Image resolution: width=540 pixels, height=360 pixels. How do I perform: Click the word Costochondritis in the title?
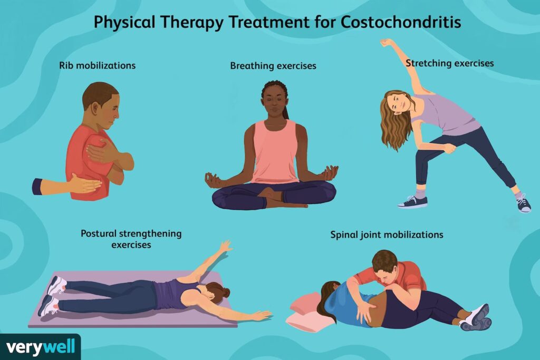[x=401, y=22]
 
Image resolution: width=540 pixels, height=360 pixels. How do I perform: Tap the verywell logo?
[x=40, y=347]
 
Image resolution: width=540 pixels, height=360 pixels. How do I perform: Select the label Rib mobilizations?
[x=98, y=65]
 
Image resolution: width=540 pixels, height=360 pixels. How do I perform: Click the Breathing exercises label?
[x=273, y=66]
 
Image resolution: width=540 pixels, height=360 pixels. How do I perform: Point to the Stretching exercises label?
[x=449, y=63]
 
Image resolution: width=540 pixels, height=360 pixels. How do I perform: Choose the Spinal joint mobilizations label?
[x=387, y=235]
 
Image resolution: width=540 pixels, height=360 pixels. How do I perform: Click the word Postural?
[x=99, y=233]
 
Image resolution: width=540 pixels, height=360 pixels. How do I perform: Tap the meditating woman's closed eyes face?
[x=274, y=101]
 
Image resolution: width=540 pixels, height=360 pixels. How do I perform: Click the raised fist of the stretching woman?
[x=387, y=43]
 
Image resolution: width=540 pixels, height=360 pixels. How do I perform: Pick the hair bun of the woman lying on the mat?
[x=226, y=293]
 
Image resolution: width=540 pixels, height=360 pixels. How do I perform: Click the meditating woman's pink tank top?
[x=274, y=151]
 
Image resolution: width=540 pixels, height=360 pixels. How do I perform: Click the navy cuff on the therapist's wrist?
[x=37, y=187]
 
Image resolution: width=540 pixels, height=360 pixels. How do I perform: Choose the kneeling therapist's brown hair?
[x=384, y=259]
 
